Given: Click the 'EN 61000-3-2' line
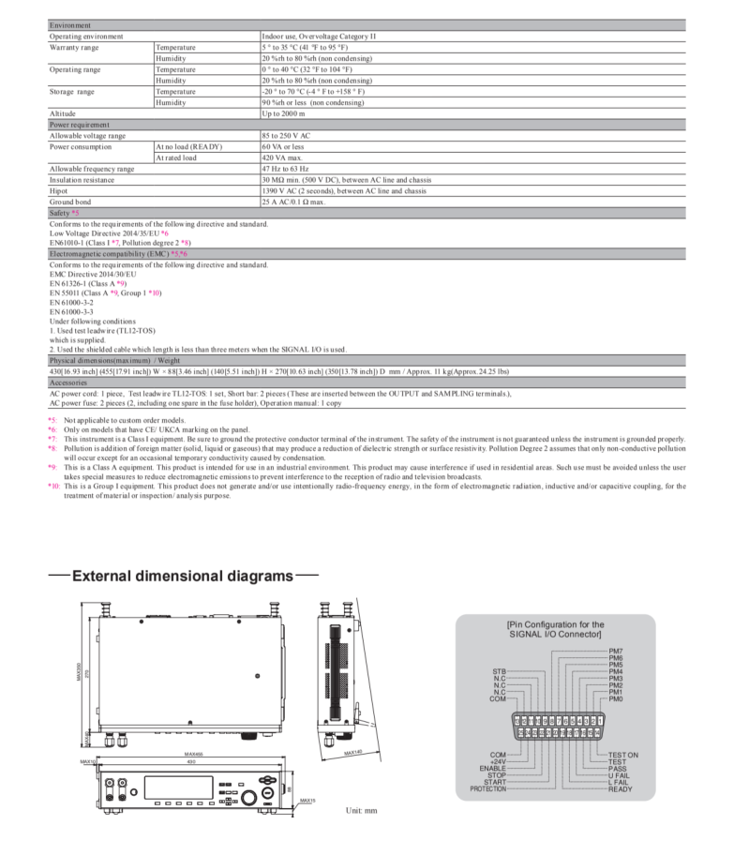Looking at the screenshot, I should (73, 303).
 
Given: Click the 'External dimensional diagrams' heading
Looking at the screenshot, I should (183, 576).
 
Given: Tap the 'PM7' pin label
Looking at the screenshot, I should (616, 651).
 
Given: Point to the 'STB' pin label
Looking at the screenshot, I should (500, 671).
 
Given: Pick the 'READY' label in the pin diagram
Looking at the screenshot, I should (620, 789).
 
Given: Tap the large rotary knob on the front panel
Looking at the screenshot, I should (249, 797).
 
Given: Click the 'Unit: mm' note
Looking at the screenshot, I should (361, 810).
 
